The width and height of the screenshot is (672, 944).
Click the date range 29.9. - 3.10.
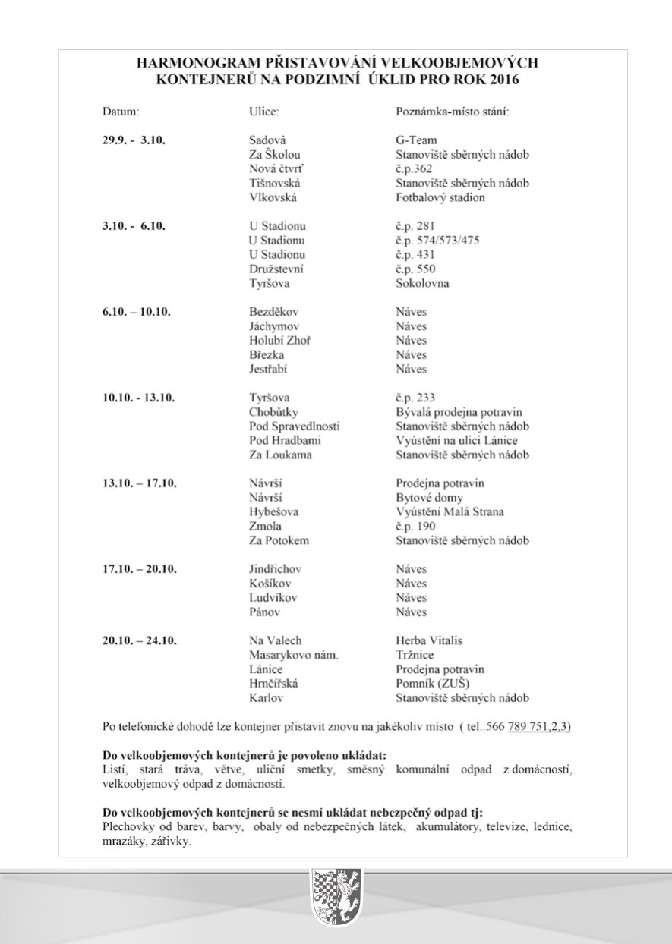pyautogui.click(x=134, y=140)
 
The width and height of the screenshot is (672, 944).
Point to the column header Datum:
pyautogui.click(x=121, y=112)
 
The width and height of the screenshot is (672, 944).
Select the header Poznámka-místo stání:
pyautogui.click(x=452, y=112)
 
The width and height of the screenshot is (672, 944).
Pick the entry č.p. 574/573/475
pyautogui.click(x=437, y=241)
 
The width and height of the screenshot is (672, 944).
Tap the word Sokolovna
pyautogui.click(x=422, y=284)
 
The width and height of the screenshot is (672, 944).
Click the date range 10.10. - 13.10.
pyautogui.click(x=139, y=398)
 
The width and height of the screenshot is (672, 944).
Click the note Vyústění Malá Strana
pyautogui.click(x=450, y=512)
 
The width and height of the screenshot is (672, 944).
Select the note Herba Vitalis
pyautogui.click(x=429, y=640)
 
